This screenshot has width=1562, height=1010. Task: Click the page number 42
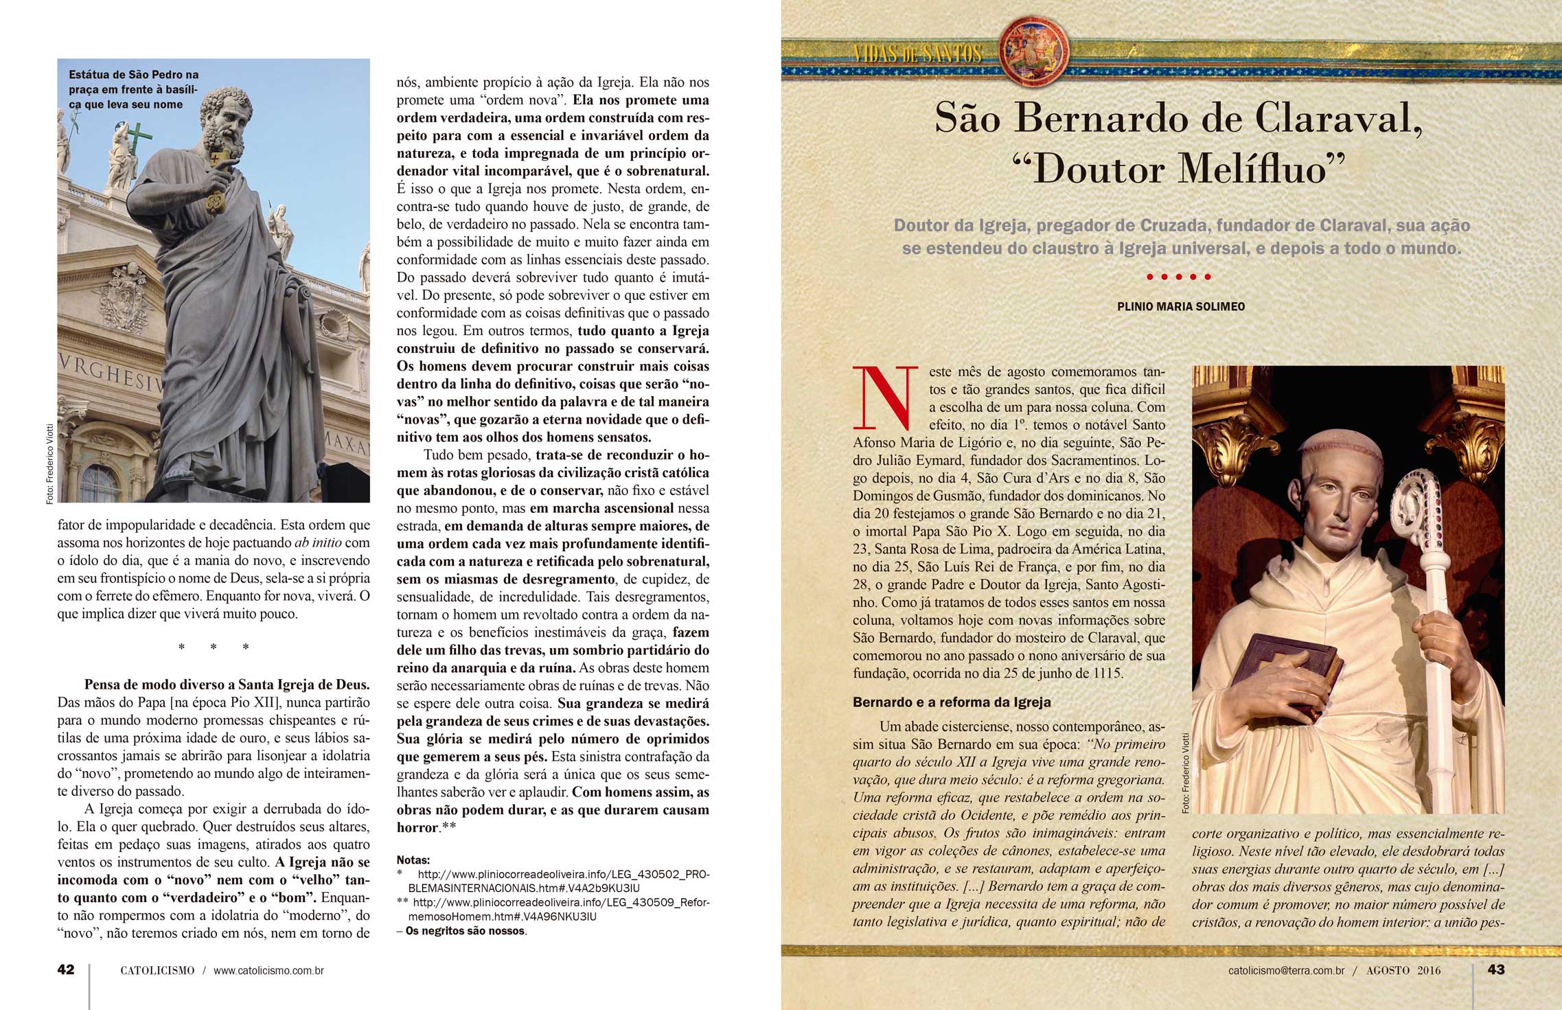point(66,969)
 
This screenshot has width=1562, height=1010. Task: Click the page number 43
point(1495,969)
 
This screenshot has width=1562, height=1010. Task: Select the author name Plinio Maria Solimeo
point(1181,306)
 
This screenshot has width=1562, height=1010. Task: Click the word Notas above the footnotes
point(413,860)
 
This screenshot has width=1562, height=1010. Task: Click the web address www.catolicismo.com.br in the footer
point(268,970)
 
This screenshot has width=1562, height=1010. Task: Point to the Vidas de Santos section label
point(917,54)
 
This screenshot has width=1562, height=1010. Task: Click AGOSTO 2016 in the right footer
point(1403,970)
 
